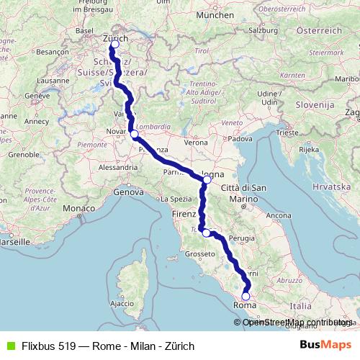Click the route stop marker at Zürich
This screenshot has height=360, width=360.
pyautogui.click(x=114, y=45)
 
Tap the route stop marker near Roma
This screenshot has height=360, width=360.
pyautogui.click(x=246, y=296)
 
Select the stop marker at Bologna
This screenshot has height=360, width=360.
pyautogui.click(x=207, y=179)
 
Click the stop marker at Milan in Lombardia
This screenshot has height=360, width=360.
pyautogui.click(x=134, y=134)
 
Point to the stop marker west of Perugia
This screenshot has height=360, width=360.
pyautogui.click(x=207, y=233)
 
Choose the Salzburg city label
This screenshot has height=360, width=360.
pyautogui.click(x=264, y=51)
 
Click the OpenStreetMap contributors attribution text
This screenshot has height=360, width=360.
pyautogui.click(x=297, y=322)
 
